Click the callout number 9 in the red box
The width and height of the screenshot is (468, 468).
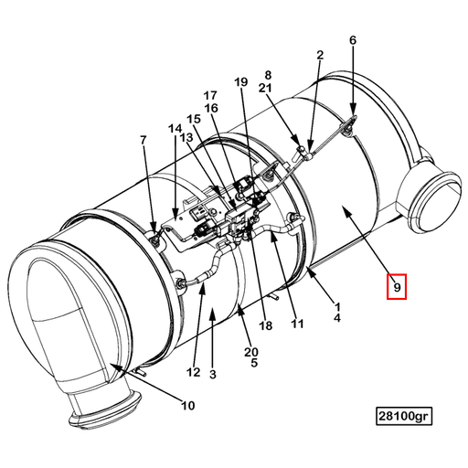point(398,287)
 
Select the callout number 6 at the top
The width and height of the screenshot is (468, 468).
point(353,40)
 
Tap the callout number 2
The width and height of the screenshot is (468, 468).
point(320,56)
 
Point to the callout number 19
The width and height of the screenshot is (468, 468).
point(241,83)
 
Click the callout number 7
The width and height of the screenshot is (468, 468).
point(143,140)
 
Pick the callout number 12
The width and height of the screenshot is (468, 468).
point(194,371)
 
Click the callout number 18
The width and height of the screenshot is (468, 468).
point(266,325)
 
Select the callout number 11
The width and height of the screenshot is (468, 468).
point(297,323)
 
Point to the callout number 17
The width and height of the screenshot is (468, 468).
point(210,95)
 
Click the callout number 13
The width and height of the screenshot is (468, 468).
point(185,137)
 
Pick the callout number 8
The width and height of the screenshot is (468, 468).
point(269,74)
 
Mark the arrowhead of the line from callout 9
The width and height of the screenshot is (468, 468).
point(344,209)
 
